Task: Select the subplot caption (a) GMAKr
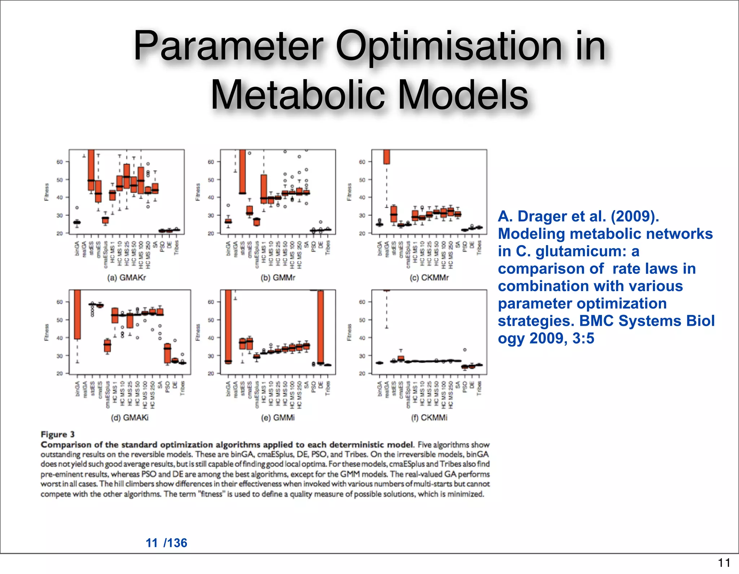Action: pyautogui.click(x=127, y=278)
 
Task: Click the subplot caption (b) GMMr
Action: pyautogui.click(x=278, y=278)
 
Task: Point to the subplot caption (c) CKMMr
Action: pyautogui.click(x=429, y=278)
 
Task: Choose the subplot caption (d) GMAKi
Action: pyautogui.click(x=130, y=418)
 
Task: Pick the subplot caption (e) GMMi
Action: pyautogui.click(x=278, y=418)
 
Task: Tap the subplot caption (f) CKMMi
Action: pyautogui.click(x=429, y=418)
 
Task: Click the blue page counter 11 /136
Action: pyautogui.click(x=166, y=543)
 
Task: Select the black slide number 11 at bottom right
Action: pyautogui.click(x=723, y=562)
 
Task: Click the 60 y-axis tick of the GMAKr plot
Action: pyautogui.click(x=60, y=162)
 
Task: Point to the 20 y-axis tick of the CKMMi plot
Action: pyautogui.click(x=362, y=374)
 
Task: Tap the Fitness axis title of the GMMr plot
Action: pyautogui.click(x=198, y=192)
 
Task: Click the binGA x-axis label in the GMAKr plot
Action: pyautogui.click(x=77, y=248)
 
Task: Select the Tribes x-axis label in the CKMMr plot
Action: pyautogui.click(x=479, y=248)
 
